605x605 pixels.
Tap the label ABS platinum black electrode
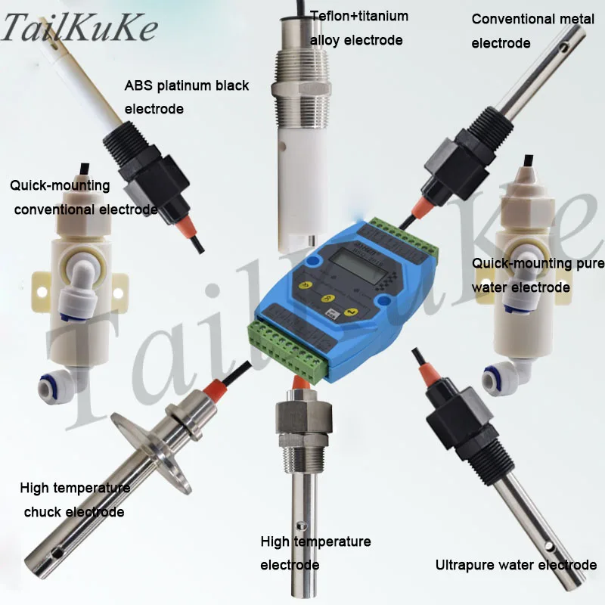(186, 97)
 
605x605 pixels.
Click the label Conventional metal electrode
(522, 31)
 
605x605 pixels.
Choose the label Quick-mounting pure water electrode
(538, 275)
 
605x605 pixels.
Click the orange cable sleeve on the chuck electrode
(213, 393)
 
